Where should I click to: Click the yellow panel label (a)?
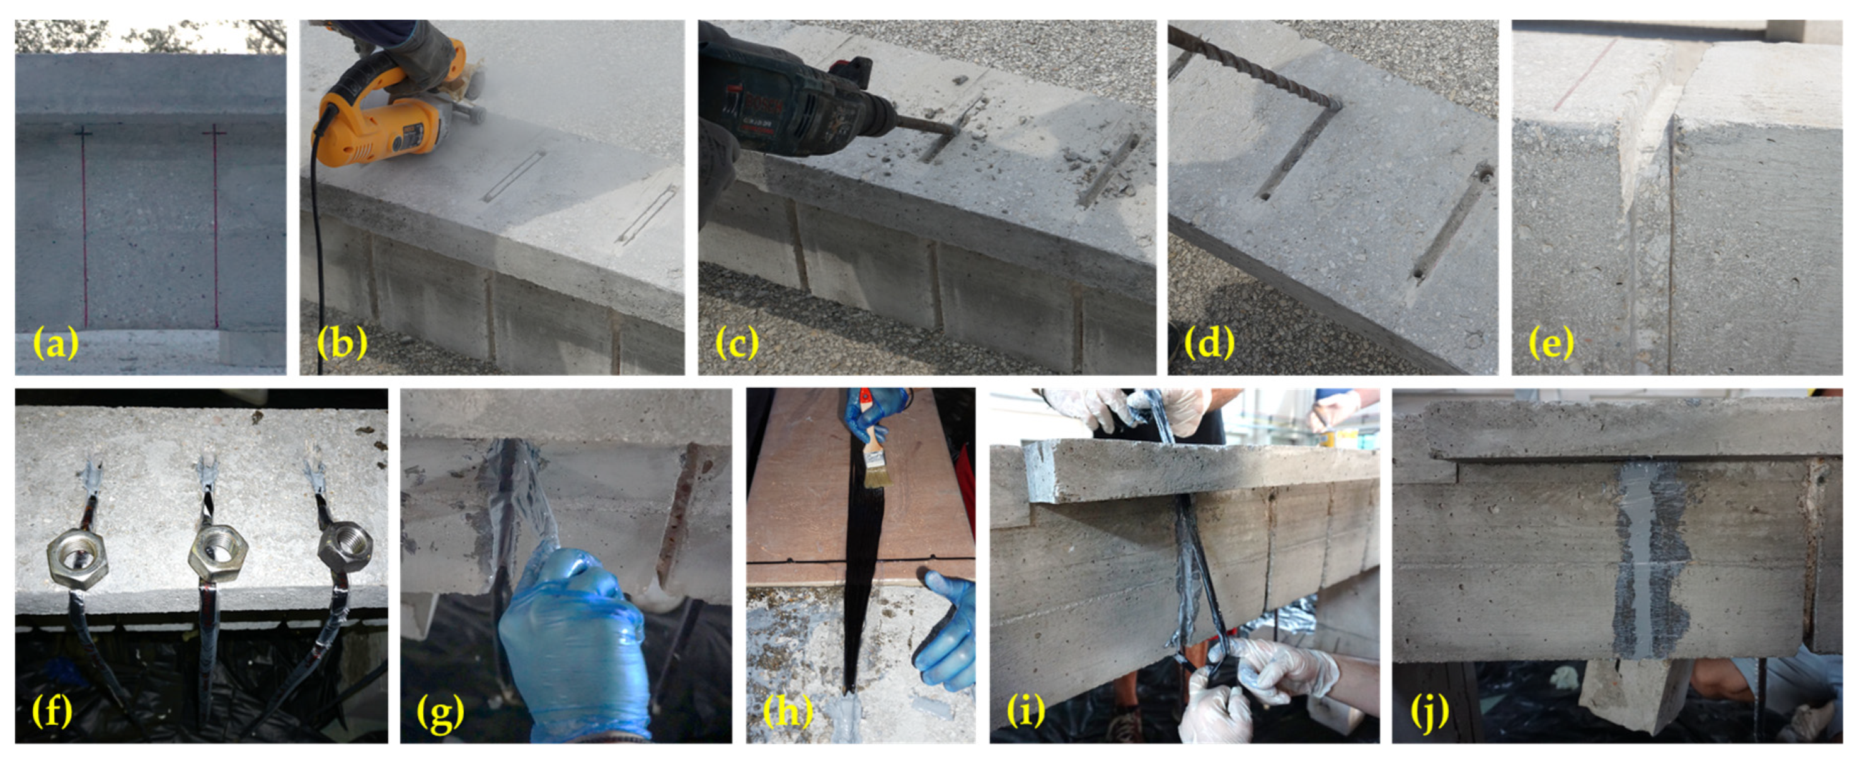pos(55,342)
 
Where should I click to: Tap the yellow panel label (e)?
pos(1551,342)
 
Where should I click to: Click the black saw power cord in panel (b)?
pos(317,252)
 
